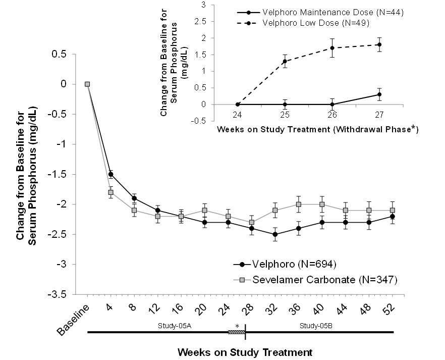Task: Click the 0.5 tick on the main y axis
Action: click(65, 54)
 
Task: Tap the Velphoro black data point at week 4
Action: click(110, 174)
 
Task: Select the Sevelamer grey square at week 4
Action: click(110, 192)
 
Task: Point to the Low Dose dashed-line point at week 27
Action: click(379, 44)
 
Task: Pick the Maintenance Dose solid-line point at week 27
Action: click(379, 94)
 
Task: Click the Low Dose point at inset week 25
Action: click(285, 61)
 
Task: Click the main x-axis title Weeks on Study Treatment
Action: click(240, 350)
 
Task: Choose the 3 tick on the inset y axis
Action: click(203, 5)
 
